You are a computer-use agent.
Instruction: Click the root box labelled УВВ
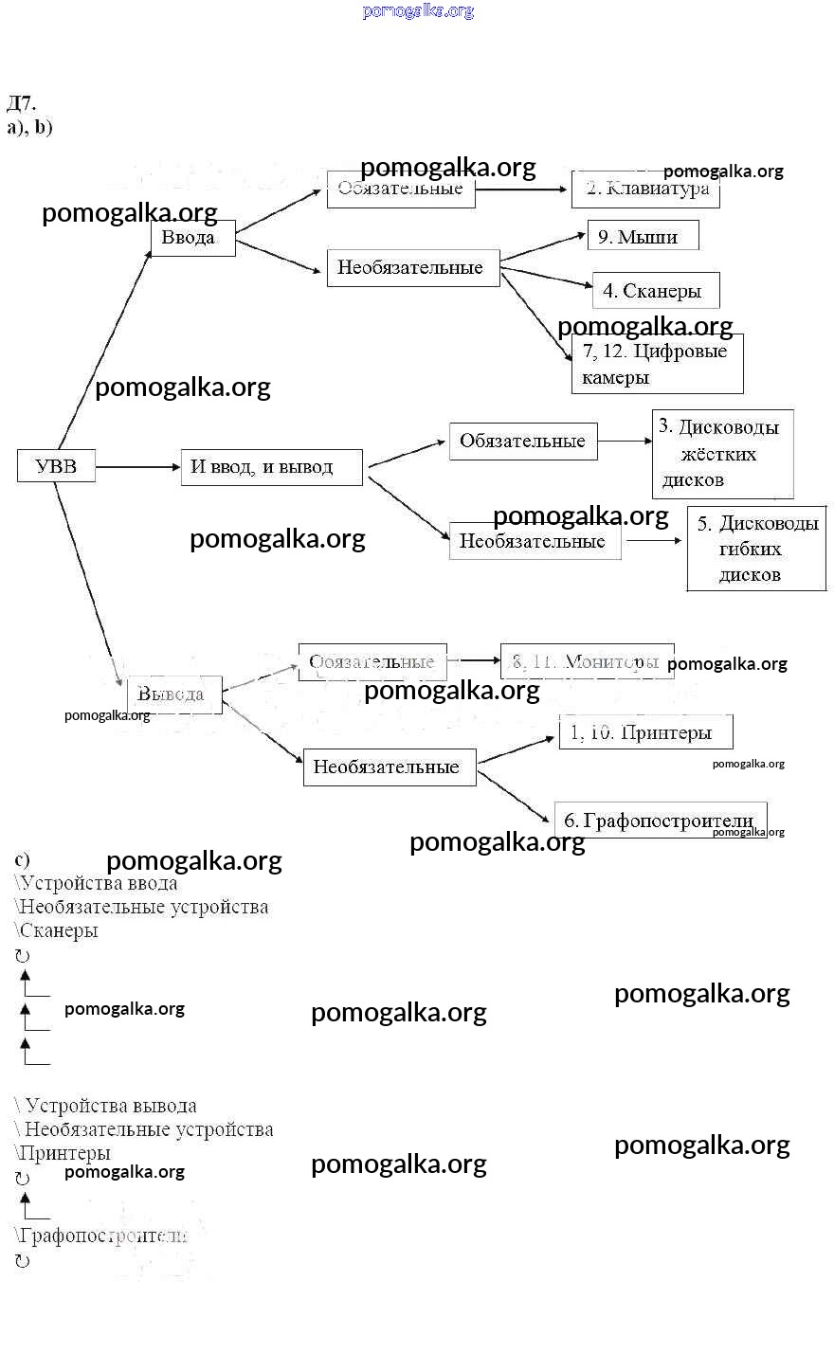56,466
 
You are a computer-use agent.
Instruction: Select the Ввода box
192,238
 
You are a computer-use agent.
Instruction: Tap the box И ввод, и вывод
271,467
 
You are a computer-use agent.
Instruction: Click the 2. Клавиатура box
645,189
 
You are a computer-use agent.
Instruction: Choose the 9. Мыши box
644,237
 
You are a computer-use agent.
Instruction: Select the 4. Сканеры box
655,291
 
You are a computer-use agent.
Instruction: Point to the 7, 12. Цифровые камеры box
657,364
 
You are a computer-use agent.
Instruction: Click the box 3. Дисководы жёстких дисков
722,454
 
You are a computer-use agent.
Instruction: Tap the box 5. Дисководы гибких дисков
756,550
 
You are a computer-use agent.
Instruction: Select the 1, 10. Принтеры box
645,732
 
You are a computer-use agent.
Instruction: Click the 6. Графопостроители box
660,820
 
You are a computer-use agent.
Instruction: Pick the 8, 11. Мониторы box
587,661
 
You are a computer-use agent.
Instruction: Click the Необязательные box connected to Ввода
412,268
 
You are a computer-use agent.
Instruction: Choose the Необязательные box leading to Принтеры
389,767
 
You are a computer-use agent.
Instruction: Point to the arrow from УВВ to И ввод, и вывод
137,467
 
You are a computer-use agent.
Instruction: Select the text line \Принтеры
63,1153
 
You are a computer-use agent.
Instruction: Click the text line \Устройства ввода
97,883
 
